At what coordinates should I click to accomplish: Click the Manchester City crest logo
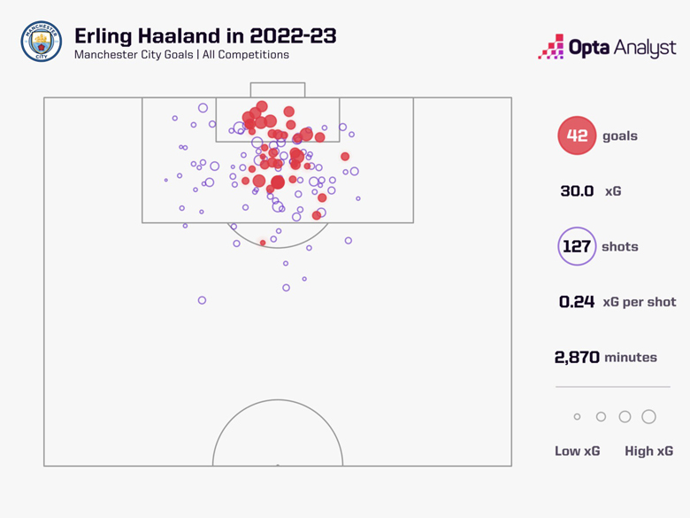click(x=41, y=43)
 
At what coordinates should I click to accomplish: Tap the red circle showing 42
click(x=577, y=136)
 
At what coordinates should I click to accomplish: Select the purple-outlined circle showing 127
click(x=577, y=247)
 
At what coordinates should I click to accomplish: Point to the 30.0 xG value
click(x=577, y=191)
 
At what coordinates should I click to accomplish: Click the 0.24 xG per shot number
click(x=577, y=302)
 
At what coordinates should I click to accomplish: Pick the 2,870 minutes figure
click(x=577, y=358)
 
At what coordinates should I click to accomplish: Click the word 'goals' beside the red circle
click(x=619, y=136)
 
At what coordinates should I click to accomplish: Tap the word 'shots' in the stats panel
click(x=619, y=247)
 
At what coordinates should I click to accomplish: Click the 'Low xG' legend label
click(x=577, y=451)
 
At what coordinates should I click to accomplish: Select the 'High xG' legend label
click(x=648, y=451)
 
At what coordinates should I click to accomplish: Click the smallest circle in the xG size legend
click(x=577, y=417)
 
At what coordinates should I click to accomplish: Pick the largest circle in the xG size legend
click(x=648, y=417)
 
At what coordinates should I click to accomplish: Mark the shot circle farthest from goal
click(x=202, y=301)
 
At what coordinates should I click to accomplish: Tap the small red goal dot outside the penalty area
click(x=263, y=243)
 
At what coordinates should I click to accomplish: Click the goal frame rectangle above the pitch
click(x=278, y=89)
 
